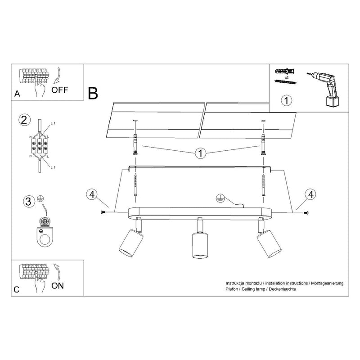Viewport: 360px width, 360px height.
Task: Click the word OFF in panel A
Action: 60,89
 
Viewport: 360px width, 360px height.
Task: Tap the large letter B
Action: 93,93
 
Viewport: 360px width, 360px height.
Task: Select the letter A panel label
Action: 17,94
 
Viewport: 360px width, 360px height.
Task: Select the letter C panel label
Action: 17,290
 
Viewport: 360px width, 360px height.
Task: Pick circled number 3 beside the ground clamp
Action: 28,201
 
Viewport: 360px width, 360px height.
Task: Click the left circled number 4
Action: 91,195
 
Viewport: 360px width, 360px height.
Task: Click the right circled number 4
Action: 309,195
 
